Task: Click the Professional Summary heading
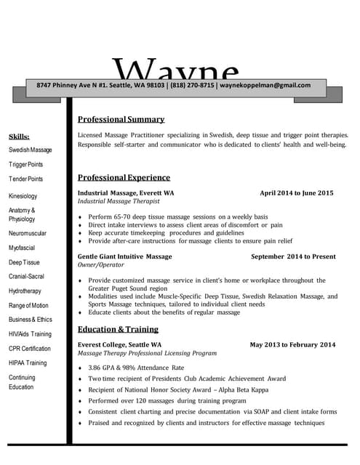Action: pos(121,119)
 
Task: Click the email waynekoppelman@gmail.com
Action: pos(265,85)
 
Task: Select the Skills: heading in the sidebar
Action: pos(19,137)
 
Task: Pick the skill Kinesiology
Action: pos(23,196)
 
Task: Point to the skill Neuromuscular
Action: pos(28,233)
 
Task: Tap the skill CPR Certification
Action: pos(30,349)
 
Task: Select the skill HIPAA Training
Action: pos(28,363)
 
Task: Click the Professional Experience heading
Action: pos(124,177)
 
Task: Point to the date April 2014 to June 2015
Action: pos(297,193)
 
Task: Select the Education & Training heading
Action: pos(118,329)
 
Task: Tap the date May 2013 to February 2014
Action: pos(292,344)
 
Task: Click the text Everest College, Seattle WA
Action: pos(120,344)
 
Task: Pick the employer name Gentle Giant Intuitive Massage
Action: pos(125,256)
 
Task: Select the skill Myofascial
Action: pos(22,248)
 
